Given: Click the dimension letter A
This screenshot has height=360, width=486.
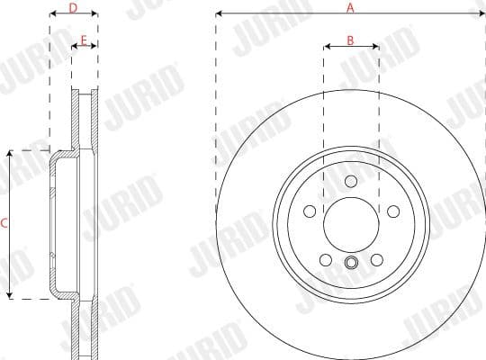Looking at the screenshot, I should click(x=351, y=6).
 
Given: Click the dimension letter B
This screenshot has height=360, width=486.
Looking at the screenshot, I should click(x=351, y=40).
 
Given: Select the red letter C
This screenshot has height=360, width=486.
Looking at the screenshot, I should click(x=4, y=224).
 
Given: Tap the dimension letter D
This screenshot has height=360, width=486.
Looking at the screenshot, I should click(x=73, y=7).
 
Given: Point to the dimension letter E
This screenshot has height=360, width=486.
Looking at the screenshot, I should click(x=84, y=40).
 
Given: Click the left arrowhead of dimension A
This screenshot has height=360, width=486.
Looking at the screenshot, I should click(x=219, y=14).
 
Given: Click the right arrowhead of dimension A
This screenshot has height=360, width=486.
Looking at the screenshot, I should click(x=482, y=14).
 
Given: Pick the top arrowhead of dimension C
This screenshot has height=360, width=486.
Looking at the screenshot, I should click(x=10, y=154).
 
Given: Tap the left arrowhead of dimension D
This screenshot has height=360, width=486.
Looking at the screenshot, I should click(x=51, y=15).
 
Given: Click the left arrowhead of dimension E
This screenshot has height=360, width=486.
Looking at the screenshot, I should click(x=74, y=49).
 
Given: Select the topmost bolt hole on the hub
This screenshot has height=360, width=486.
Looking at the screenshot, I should click(x=351, y=181).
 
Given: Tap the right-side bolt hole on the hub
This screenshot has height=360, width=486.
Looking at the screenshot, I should click(x=393, y=211).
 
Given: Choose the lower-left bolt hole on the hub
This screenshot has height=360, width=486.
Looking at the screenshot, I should click(x=325, y=261).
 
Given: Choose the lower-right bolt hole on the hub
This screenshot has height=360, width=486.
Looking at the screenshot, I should click(x=377, y=261).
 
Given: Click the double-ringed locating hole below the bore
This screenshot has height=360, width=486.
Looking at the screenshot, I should click(x=351, y=263).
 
